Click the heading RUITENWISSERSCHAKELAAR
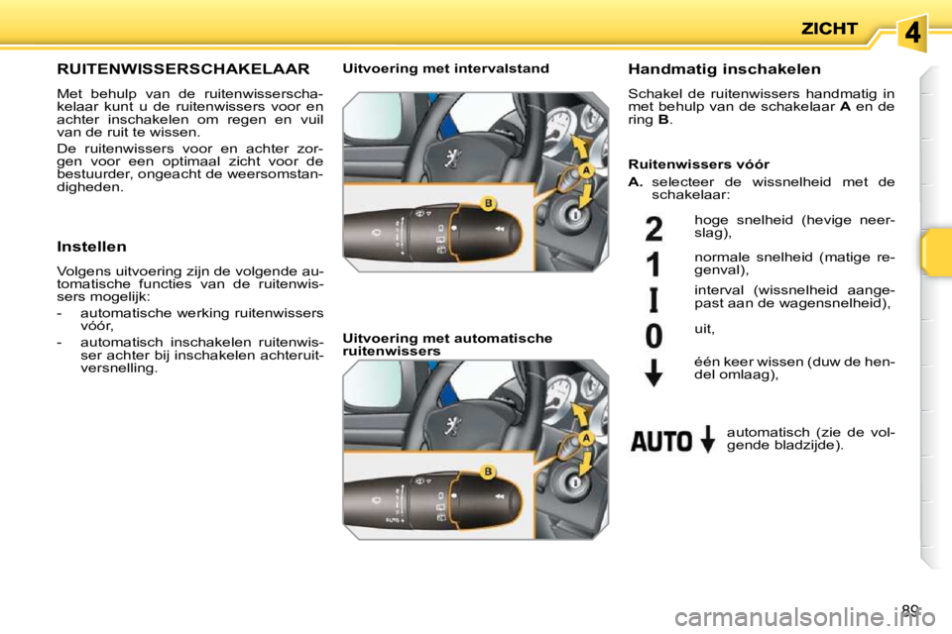point(183,69)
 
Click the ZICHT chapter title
point(829,29)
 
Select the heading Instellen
point(92,246)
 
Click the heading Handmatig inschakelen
point(725,69)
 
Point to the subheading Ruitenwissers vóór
point(699,163)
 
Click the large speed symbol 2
point(654,231)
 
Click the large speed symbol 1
point(654,265)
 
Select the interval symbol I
point(654,299)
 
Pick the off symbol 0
point(654,335)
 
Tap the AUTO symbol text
point(662,440)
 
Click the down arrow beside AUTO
point(706,439)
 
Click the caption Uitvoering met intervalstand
point(445,68)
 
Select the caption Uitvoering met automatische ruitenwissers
point(447,344)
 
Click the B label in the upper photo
point(488,202)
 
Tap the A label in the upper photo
point(586,170)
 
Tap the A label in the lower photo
point(586,438)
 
